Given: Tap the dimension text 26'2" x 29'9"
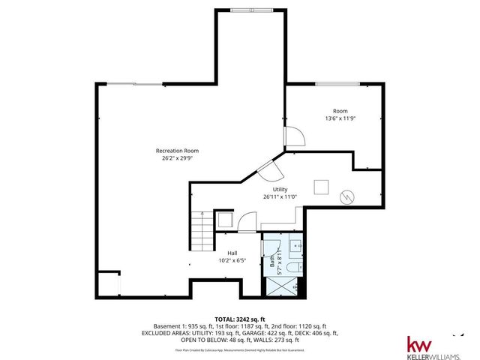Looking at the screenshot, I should (177, 158).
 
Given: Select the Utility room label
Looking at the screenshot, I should (280, 190).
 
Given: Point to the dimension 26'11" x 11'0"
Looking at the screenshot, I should (280, 197).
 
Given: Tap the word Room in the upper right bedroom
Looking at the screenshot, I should (340, 111).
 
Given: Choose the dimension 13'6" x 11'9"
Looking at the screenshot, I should (340, 118).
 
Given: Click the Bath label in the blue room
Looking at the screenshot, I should (272, 261).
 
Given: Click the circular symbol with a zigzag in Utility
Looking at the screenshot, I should (347, 196).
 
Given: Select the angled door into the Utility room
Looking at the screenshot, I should (264, 169).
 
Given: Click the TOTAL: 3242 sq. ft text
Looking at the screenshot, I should (241, 319).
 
